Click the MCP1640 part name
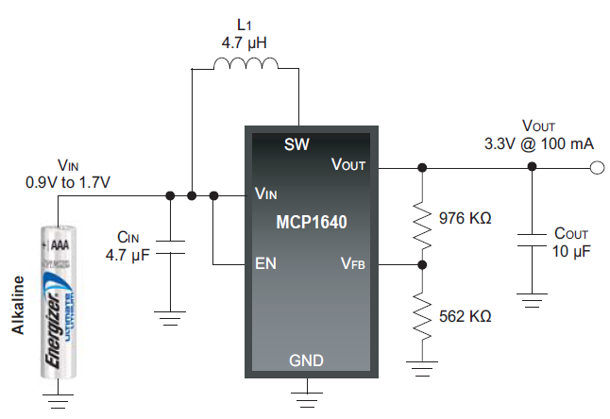313,225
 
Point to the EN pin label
265,263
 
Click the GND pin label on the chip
308,360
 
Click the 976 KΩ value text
466,218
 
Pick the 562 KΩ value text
466,316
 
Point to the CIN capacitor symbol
170,247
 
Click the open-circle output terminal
596,168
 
